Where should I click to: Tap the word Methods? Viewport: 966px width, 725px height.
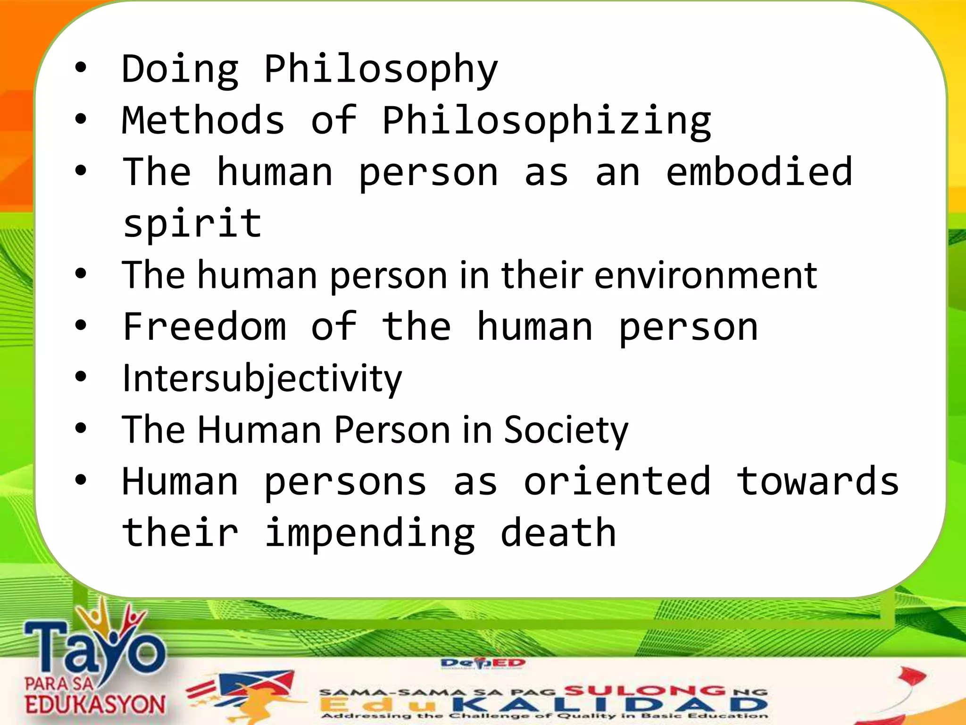(x=203, y=120)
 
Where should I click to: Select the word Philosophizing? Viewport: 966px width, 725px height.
(x=546, y=122)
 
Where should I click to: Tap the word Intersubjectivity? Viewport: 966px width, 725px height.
(x=262, y=379)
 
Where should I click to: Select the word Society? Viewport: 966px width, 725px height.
(x=566, y=430)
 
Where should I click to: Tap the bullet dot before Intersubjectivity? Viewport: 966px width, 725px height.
(x=81, y=377)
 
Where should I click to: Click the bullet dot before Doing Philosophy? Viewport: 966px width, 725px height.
(x=81, y=68)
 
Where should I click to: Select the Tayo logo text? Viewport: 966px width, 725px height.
(x=94, y=647)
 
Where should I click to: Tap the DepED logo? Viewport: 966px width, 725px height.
(x=483, y=664)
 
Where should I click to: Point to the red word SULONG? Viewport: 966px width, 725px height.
(x=644, y=691)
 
